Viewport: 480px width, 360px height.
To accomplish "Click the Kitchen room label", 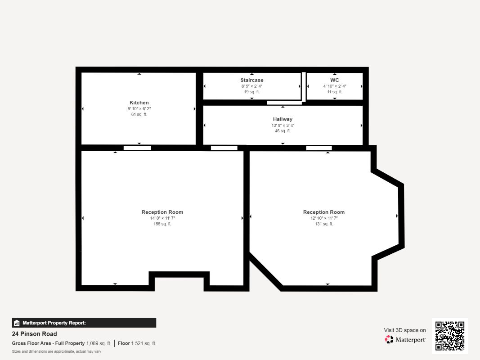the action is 139,103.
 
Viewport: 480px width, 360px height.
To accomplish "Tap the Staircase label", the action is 251,80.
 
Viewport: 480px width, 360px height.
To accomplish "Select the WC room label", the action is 335,80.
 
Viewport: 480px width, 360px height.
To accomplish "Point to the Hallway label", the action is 283,119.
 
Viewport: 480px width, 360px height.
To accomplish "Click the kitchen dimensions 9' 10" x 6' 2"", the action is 139,108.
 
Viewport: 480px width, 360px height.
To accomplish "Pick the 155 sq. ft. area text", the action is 162,224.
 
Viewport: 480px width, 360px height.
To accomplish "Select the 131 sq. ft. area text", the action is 324,224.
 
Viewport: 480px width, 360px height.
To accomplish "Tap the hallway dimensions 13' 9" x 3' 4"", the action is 283,125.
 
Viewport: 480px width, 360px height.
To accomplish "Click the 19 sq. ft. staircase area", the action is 251,92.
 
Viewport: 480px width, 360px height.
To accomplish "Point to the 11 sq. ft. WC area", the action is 335,92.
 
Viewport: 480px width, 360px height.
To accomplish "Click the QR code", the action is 450,336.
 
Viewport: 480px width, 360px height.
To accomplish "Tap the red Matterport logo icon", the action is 389,339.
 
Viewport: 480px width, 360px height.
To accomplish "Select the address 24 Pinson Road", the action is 34,334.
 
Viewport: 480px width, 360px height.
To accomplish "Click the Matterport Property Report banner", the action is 84,323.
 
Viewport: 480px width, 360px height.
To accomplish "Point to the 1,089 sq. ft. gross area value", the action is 99,343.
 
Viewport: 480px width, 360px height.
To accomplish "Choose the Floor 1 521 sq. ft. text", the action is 137,343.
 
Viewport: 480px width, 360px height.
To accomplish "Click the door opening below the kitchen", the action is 137,148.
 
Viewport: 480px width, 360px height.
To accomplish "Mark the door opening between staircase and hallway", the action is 284,103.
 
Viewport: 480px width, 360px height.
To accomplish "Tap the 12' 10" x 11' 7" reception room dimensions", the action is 324,218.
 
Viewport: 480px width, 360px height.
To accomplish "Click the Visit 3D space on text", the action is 405,330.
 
